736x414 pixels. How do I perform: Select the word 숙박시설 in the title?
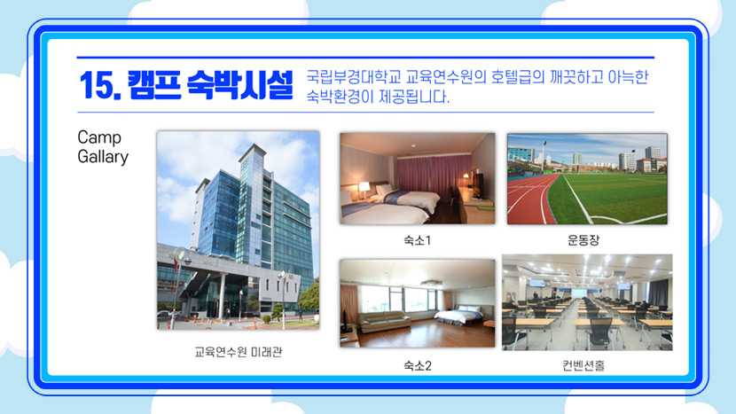coord(239,85)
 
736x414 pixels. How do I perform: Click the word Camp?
coord(99,137)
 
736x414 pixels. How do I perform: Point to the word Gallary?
coord(103,157)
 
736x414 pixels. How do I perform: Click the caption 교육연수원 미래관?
coord(239,352)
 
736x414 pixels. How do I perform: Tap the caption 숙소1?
coord(418,240)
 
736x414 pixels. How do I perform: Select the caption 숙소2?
coord(418,365)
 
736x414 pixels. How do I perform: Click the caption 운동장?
coord(583,240)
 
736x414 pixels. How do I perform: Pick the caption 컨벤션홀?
coord(583,365)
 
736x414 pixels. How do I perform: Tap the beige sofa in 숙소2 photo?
coord(384,322)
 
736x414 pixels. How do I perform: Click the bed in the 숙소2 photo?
coord(458,315)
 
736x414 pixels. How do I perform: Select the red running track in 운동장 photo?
coord(529,197)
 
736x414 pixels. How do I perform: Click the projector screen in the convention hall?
coord(579,292)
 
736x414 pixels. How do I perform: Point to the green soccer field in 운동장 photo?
coord(610,197)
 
